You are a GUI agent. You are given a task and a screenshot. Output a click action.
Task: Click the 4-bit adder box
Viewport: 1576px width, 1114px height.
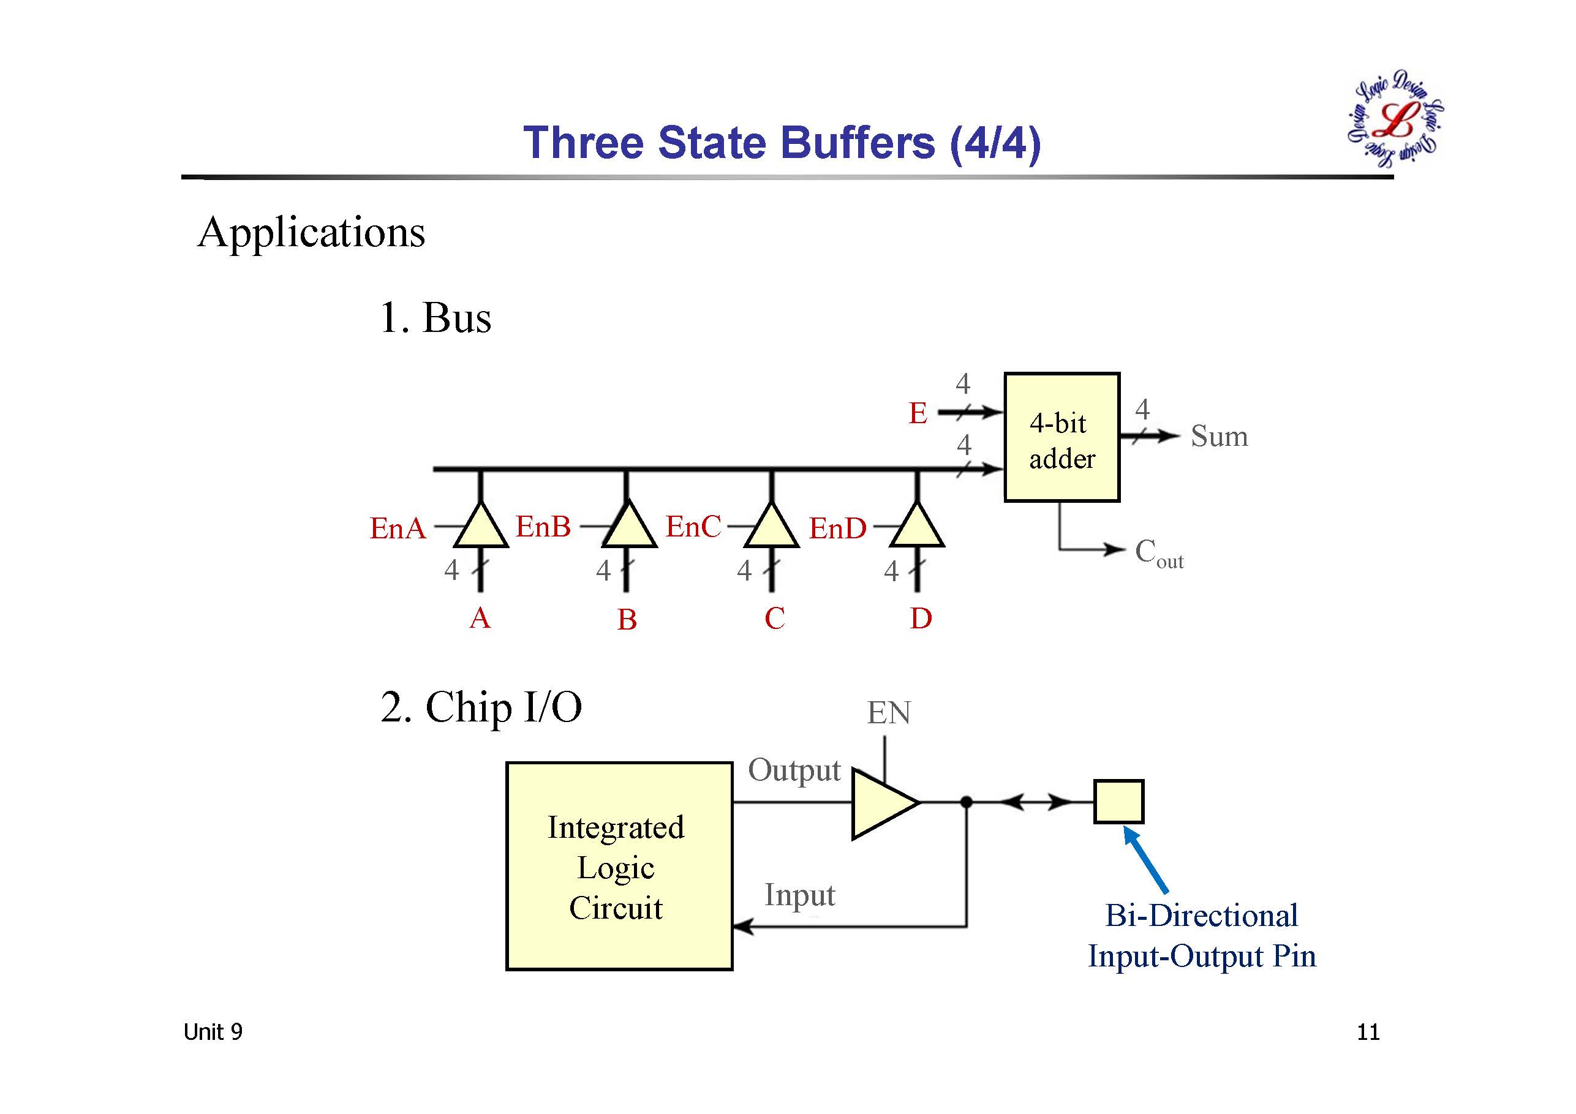tap(1061, 437)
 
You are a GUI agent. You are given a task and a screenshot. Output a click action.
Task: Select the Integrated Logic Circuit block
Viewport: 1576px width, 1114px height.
tap(619, 865)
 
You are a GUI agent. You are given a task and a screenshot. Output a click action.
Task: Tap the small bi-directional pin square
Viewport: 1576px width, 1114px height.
tap(1118, 801)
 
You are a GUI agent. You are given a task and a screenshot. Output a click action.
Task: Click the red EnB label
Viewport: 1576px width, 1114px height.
tap(543, 527)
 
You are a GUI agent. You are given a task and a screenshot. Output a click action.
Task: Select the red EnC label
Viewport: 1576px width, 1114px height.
tap(693, 527)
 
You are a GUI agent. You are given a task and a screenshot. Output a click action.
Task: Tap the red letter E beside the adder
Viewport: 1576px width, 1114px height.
tap(918, 413)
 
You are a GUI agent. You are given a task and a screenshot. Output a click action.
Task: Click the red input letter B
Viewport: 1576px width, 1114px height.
tap(627, 620)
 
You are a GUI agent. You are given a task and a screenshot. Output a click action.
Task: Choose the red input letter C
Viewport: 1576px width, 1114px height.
tap(774, 619)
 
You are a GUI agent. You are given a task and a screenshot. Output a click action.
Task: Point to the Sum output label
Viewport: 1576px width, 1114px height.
tap(1219, 437)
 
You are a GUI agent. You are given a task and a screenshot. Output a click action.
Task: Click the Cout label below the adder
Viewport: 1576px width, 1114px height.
tap(1159, 553)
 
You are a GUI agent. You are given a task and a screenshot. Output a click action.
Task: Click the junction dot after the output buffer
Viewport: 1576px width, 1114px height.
tap(967, 802)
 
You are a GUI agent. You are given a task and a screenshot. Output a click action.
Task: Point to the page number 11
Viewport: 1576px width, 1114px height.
tap(1367, 1033)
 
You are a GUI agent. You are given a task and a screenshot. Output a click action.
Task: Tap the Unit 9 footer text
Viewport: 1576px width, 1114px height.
tap(213, 1033)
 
